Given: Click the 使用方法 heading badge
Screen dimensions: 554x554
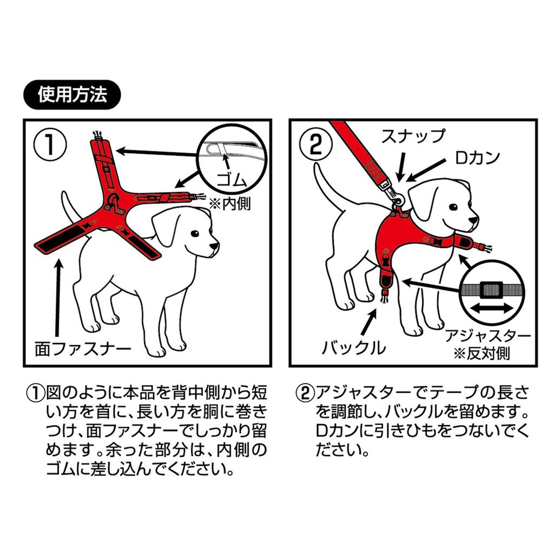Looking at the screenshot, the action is [72, 95].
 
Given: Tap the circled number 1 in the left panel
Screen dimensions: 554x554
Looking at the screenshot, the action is [50, 144].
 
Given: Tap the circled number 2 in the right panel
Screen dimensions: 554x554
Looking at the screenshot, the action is [316, 144].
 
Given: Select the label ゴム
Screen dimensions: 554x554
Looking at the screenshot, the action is [232, 181].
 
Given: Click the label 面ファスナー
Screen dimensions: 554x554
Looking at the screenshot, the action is [83, 349].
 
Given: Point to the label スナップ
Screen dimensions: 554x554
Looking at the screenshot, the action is [413, 136].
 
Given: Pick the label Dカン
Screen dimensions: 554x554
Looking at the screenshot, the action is [477, 158].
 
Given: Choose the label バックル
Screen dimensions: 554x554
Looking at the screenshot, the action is [354, 348].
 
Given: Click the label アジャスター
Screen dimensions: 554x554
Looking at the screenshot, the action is [488, 335].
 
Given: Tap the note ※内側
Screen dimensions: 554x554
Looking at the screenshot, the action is [230, 204].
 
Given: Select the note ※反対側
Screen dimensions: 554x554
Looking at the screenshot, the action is [482, 353].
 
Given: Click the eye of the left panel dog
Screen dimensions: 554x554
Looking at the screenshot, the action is [195, 234].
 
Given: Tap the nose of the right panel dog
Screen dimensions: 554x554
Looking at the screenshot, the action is [473, 220].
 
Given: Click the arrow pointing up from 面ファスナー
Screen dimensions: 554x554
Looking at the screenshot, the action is [58, 298].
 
